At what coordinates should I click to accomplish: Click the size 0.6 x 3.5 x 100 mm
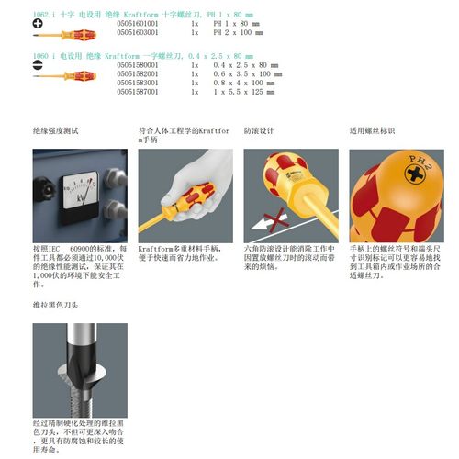(246, 74)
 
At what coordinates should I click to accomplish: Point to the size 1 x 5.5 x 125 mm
(246, 91)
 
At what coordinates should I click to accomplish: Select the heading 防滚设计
(259, 130)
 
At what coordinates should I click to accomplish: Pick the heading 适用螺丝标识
(372, 130)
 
